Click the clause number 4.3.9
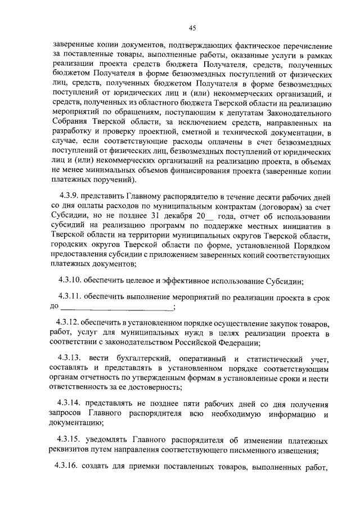pyautogui.click(x=69, y=196)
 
